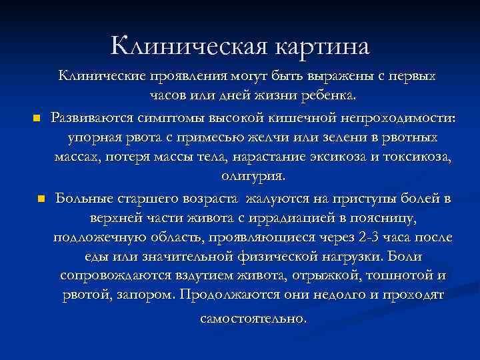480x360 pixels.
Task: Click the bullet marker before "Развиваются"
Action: tap(37, 119)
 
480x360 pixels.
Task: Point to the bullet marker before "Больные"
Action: tap(41, 198)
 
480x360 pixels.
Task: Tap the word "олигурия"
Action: tap(252, 177)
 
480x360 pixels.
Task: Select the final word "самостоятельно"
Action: tap(254, 319)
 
